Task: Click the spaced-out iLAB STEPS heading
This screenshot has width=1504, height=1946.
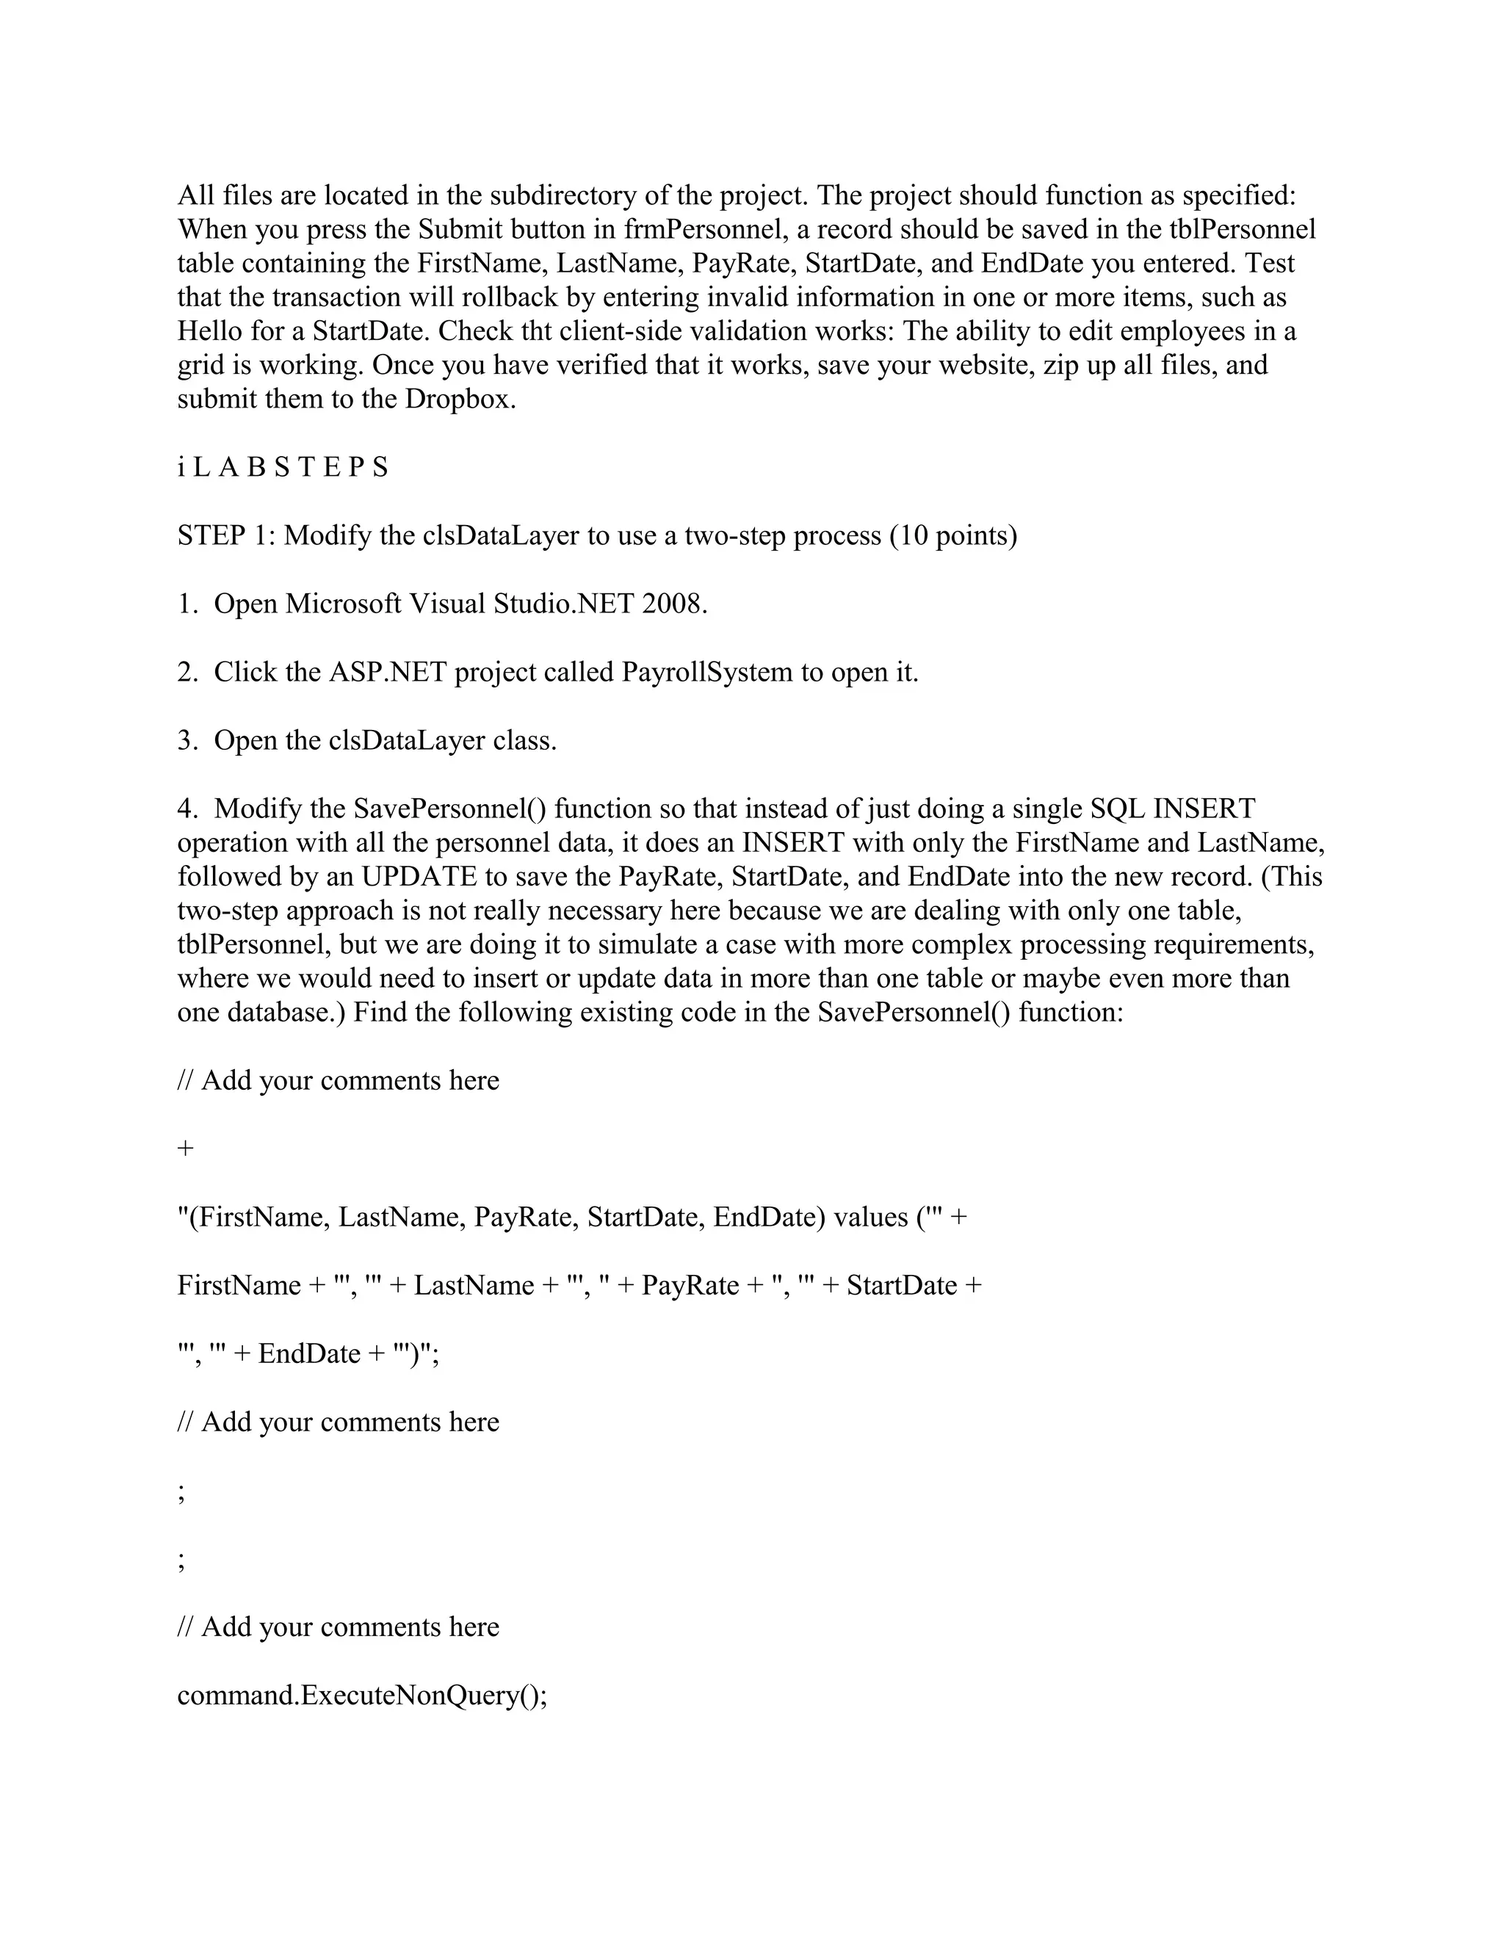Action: (x=283, y=467)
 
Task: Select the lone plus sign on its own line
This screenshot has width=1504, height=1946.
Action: (x=185, y=1148)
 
